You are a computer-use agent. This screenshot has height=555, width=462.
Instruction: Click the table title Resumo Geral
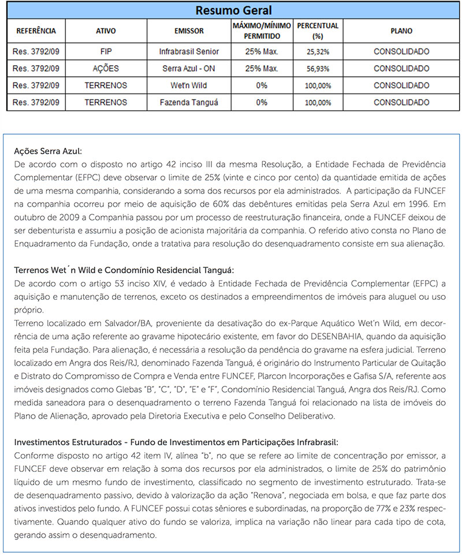(233, 11)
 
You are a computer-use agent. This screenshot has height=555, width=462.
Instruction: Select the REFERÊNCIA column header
(36, 31)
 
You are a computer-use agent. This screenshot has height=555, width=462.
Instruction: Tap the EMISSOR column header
(189, 31)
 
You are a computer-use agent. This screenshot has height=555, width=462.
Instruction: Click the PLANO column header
(401, 31)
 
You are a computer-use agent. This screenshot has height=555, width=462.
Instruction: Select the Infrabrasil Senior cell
(189, 51)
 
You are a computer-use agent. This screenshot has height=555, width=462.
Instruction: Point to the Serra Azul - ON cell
(189, 69)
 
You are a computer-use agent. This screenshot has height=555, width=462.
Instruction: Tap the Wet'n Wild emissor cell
(189, 85)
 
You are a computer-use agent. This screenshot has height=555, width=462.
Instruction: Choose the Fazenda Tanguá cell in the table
(189, 103)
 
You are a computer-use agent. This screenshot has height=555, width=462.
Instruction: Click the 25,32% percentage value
(318, 51)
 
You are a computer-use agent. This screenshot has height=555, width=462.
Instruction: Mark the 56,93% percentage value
(318, 69)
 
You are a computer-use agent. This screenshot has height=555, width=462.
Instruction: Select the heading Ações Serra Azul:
(49, 151)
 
